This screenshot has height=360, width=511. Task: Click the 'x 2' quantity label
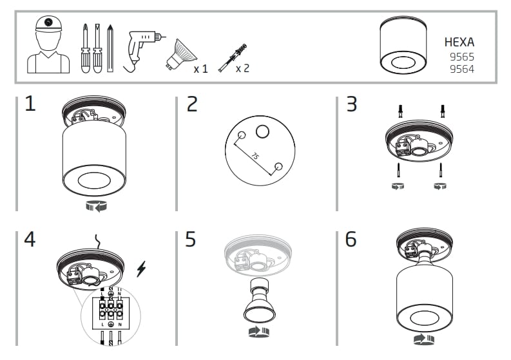(242, 68)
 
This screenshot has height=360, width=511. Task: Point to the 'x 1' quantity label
(201, 68)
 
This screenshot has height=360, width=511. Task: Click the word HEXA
(459, 43)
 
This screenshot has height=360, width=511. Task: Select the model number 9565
(461, 57)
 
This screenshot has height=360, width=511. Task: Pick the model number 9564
(461, 69)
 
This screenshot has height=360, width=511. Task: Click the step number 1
(30, 104)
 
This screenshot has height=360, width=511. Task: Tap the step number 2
(191, 104)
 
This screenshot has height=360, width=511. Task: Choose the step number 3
(351, 104)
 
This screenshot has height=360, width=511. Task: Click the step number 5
(191, 240)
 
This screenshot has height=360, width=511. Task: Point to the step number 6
(351, 240)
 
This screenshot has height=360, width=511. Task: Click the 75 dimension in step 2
(255, 156)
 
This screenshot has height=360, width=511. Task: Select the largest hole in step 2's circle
(262, 132)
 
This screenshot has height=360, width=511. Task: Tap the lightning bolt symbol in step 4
(141, 270)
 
